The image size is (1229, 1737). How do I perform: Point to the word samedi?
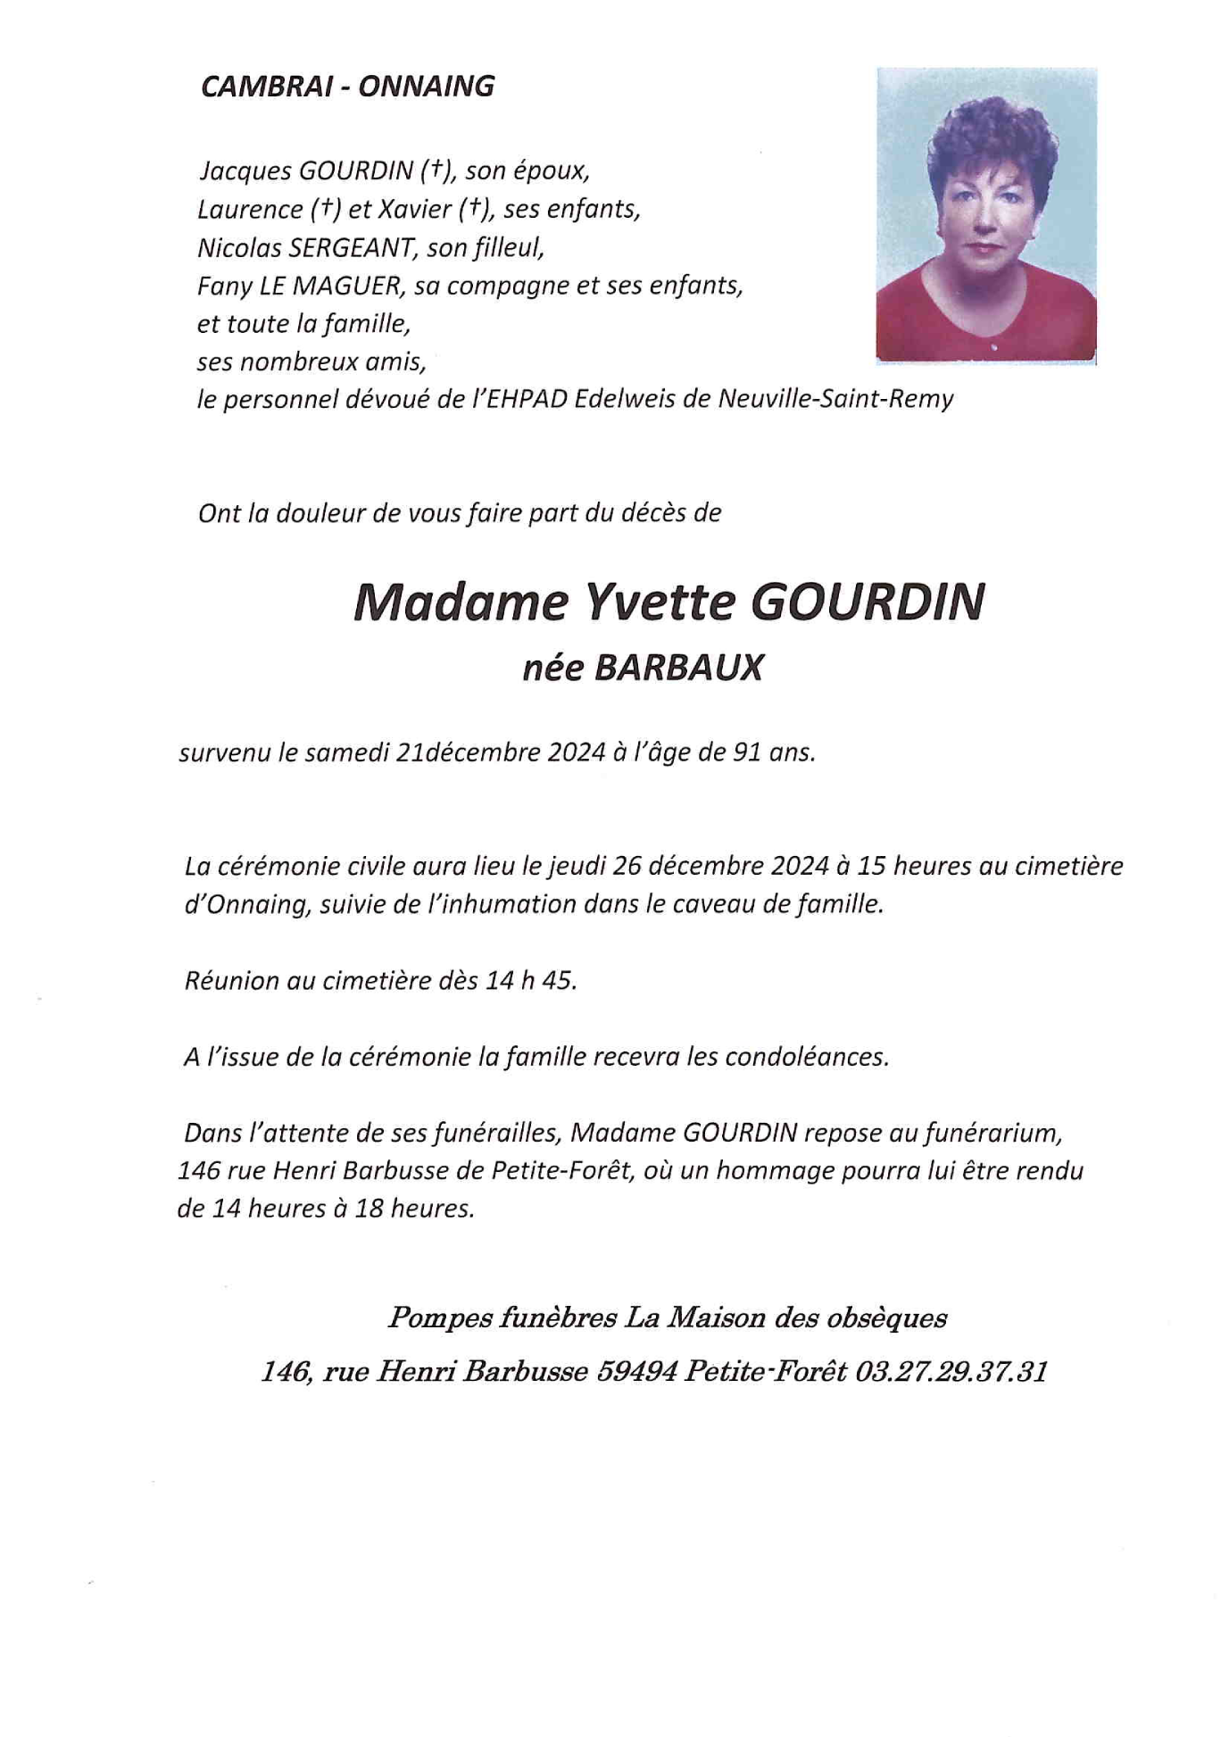tap(345, 752)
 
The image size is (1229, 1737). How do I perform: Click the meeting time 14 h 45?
tap(531, 980)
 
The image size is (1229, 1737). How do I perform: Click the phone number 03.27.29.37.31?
tap(950, 1371)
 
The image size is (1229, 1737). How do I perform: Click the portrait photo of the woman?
tap(985, 215)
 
